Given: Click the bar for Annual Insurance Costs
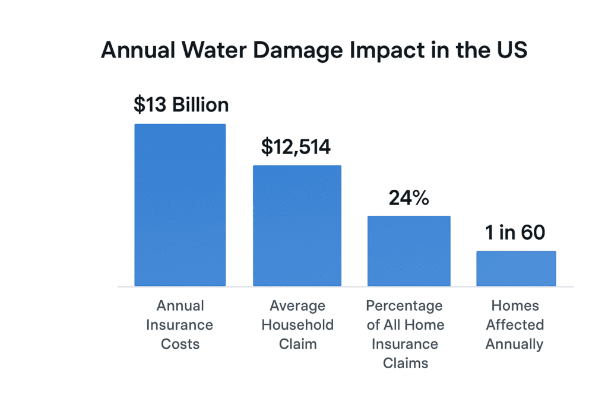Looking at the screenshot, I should [180, 205].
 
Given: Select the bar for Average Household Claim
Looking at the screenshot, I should [297, 225].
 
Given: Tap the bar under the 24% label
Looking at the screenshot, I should [408, 251].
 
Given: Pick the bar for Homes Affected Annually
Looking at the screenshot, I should [516, 268].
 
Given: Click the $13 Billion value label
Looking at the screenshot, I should [181, 105].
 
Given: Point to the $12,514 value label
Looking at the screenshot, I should [296, 146].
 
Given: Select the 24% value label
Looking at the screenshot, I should [408, 198].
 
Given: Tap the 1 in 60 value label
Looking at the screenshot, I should [515, 233].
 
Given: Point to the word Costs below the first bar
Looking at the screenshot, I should [180, 344].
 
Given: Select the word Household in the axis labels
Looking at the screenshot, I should [297, 325].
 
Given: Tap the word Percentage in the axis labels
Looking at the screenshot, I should [404, 306].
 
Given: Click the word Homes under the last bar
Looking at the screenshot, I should [515, 306].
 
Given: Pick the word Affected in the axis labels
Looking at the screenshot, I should [515, 325].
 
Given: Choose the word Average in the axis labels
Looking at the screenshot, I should [297, 306].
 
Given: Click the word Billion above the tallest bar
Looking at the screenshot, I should [200, 105].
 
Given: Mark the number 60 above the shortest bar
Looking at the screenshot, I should [533, 233].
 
